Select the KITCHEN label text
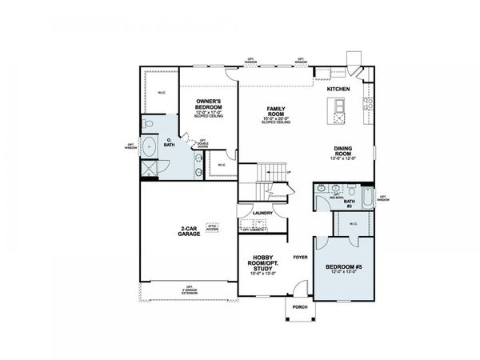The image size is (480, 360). (338, 89)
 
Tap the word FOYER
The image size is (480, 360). (300, 257)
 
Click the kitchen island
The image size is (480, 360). (339, 110)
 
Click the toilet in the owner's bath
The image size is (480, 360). (148, 124)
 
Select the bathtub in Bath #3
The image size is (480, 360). (367, 197)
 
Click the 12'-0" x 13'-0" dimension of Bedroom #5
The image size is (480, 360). (342, 274)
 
